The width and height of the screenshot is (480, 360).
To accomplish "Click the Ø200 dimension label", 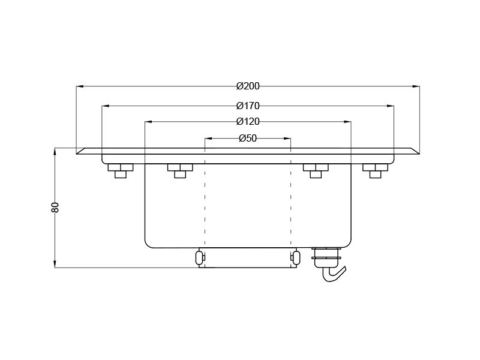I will (x=248, y=86).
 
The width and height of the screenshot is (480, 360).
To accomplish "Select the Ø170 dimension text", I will (x=248, y=106).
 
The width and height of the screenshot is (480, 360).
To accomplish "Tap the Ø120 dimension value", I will (x=248, y=122).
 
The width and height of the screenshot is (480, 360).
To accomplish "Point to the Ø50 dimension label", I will (x=248, y=138).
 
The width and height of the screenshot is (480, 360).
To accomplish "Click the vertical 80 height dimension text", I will (x=55, y=207).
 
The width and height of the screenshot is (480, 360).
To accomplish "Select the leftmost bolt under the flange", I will (x=120, y=170).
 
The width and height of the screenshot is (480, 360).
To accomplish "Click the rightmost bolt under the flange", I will (x=376, y=170).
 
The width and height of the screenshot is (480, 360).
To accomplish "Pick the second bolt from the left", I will (x=179, y=170).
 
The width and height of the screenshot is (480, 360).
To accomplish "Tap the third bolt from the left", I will (x=315, y=170).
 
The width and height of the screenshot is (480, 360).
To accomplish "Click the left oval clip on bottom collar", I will (x=199, y=257).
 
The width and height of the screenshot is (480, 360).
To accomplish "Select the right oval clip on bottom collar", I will (x=295, y=257).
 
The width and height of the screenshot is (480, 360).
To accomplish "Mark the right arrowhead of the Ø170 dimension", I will (x=391, y=106).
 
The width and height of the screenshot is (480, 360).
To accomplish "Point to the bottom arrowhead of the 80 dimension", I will (x=55, y=264).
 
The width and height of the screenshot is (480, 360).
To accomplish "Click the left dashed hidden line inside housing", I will (x=205, y=204).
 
